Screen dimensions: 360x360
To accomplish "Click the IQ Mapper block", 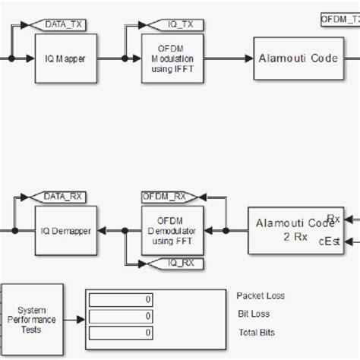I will [x=64, y=58].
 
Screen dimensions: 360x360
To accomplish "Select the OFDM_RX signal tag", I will [x=164, y=197].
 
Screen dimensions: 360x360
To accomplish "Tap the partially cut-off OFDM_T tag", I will [x=339, y=17].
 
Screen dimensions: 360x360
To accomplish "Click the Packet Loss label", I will [x=261, y=296].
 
